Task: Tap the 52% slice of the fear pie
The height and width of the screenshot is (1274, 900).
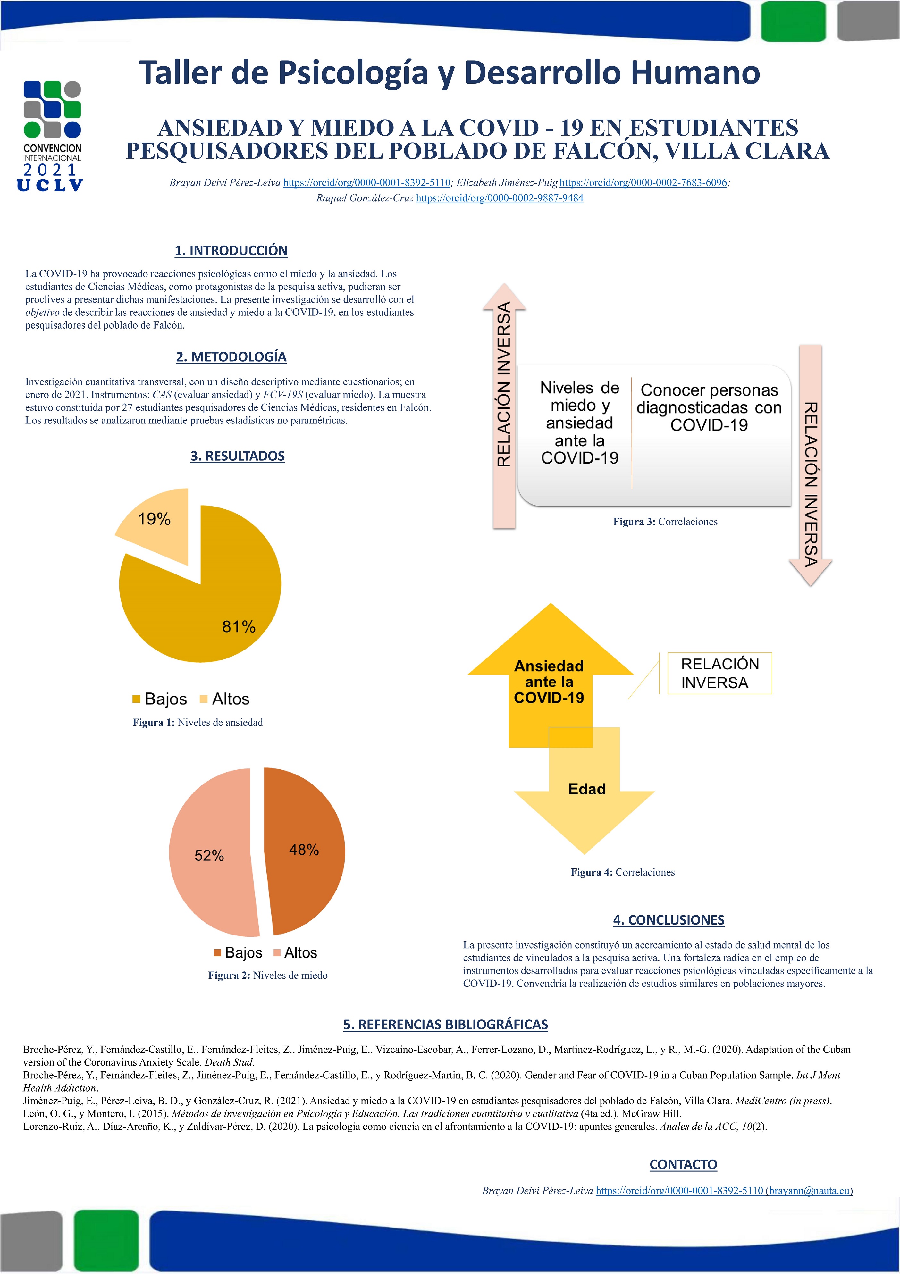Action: [x=211, y=854]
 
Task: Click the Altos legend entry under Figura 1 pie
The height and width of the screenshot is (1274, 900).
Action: [x=225, y=699]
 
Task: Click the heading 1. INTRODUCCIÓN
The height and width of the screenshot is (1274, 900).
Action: [x=231, y=251]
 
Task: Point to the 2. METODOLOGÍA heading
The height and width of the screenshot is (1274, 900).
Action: [x=231, y=357]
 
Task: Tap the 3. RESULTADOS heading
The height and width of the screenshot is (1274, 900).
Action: [x=238, y=456]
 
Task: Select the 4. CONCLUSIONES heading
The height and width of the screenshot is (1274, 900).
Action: [x=668, y=920]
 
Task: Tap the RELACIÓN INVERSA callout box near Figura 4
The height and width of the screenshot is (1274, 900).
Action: [x=719, y=673]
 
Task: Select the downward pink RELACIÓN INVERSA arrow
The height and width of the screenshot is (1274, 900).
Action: [x=810, y=466]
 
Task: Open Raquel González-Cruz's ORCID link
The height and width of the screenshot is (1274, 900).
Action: [x=500, y=198]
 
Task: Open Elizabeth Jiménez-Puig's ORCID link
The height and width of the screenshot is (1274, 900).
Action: [x=643, y=182]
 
